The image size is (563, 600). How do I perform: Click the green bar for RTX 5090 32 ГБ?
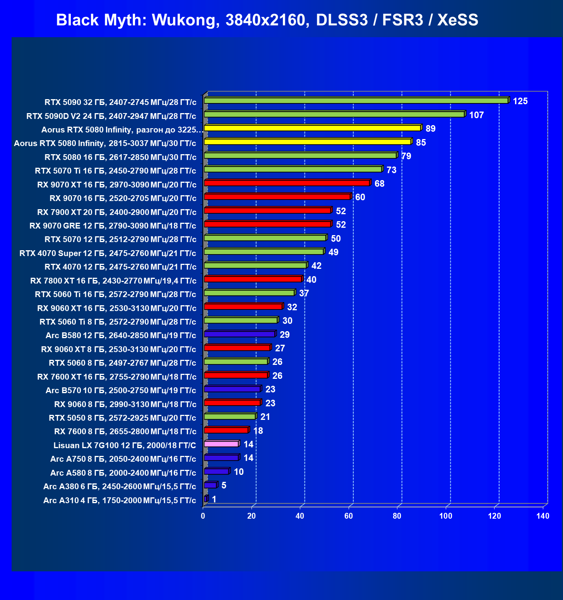[x=357, y=100]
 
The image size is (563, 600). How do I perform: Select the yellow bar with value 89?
[x=313, y=128]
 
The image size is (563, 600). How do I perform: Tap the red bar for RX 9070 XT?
[x=287, y=183]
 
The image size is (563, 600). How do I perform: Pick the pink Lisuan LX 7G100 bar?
[x=222, y=444]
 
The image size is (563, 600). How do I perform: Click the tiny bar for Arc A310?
[x=206, y=499]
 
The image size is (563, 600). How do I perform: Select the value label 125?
[x=520, y=101]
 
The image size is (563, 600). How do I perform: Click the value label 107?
[x=476, y=115]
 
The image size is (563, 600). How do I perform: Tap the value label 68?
[x=379, y=184]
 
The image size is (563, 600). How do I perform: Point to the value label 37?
[x=304, y=293]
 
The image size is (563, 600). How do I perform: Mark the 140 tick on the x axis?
[x=543, y=516]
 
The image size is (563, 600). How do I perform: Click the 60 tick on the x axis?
[x=349, y=516]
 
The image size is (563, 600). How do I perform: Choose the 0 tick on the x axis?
[x=203, y=516]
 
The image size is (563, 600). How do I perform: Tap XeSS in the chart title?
[x=458, y=20]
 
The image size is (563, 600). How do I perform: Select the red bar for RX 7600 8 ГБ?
[x=227, y=430]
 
